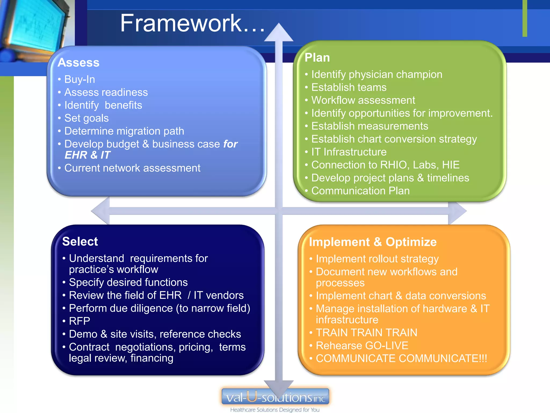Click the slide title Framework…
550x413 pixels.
[x=192, y=24]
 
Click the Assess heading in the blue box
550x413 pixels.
[x=78, y=63]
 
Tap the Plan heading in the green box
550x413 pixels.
[x=317, y=58]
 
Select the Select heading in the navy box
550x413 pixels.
[x=80, y=241]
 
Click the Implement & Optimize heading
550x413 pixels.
[x=373, y=242]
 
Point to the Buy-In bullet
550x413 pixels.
[x=79, y=79]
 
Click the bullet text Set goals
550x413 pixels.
[x=86, y=118]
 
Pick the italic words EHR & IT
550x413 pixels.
[x=88, y=155]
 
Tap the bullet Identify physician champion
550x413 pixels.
[x=377, y=74]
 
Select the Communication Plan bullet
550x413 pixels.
[x=360, y=191]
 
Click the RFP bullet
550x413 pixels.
[x=79, y=321]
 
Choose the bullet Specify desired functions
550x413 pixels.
[x=128, y=282]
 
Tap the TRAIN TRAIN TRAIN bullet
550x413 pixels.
[x=366, y=333]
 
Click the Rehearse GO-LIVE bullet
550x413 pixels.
[x=362, y=346]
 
